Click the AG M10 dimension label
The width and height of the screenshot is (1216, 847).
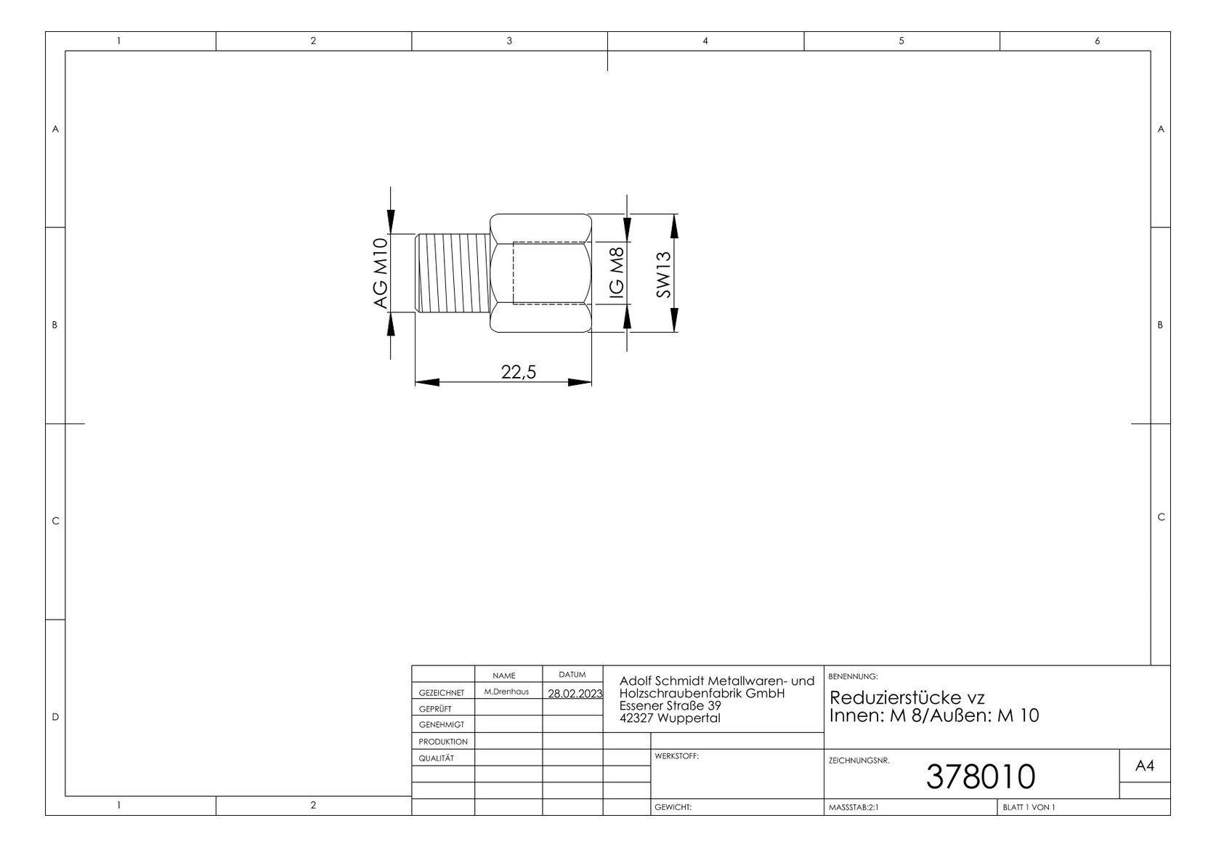click(x=381, y=273)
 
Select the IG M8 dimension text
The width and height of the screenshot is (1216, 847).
click(x=617, y=272)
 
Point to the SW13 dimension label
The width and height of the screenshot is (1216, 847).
click(x=663, y=274)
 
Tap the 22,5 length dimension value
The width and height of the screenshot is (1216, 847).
click(x=519, y=372)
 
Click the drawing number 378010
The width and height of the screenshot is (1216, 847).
click(x=981, y=777)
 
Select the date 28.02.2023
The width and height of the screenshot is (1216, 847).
click(x=575, y=693)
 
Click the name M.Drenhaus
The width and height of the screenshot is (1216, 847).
click(x=506, y=692)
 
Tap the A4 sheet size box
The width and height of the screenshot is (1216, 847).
click(x=1144, y=766)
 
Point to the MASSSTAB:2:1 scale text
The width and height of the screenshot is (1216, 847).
click(x=854, y=807)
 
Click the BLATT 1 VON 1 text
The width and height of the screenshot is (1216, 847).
click(x=1029, y=807)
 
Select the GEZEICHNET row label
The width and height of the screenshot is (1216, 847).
click(x=442, y=693)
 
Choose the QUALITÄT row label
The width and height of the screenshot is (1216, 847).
click(x=436, y=758)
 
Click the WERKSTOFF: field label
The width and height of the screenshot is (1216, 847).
click(x=676, y=755)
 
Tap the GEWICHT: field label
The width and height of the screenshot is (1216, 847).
click(x=673, y=807)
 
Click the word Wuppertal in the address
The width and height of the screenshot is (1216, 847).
click(x=689, y=718)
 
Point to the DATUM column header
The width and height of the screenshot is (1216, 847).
click(x=572, y=674)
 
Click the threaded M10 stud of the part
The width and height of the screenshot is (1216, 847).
click(x=453, y=273)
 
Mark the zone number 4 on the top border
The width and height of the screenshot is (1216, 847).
click(x=705, y=41)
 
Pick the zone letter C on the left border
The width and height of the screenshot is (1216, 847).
click(x=55, y=522)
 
